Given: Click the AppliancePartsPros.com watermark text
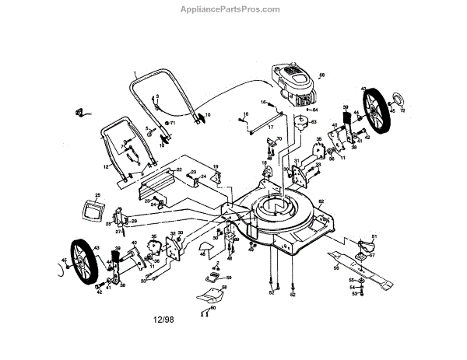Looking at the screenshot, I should pos(233,10).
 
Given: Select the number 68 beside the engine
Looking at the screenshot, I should pos(322,75).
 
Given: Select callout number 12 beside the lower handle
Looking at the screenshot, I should pos(105,166).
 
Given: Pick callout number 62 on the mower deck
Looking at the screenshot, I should pos(321,202).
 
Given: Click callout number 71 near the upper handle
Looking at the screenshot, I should pos(174,123).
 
